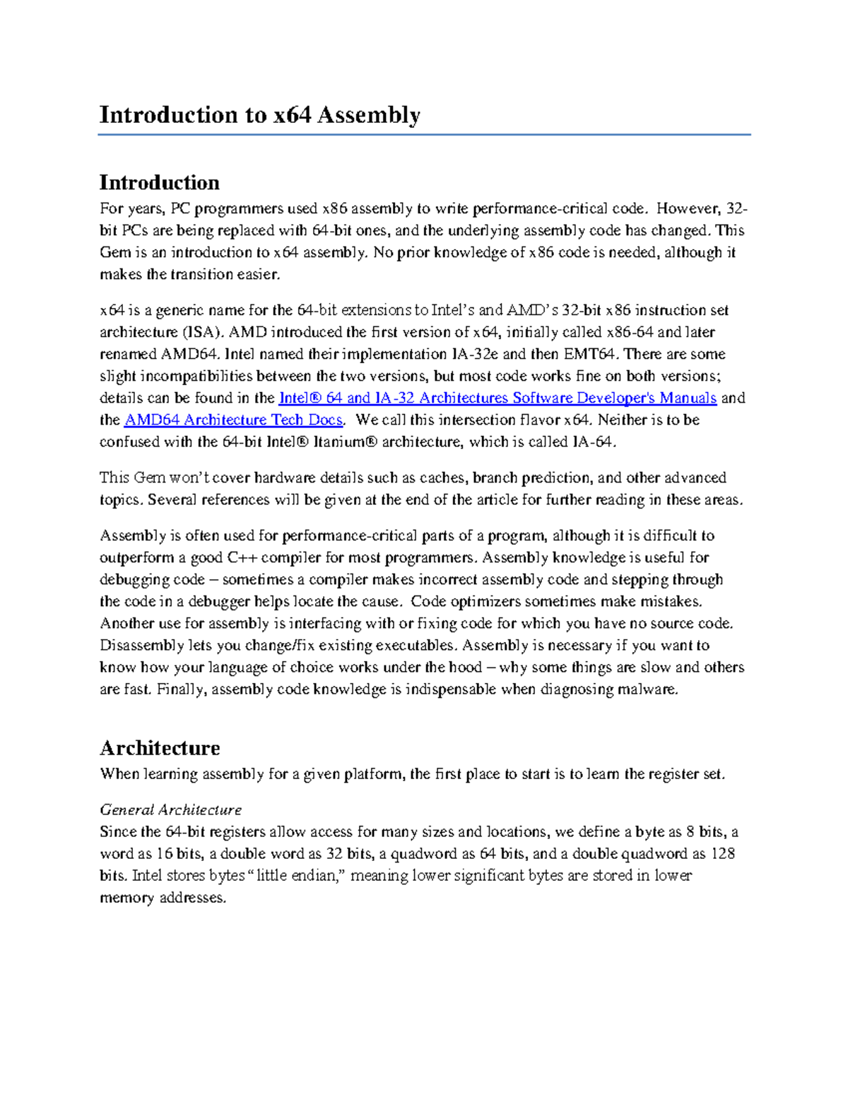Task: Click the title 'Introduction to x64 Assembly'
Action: [x=259, y=115]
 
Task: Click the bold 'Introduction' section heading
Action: [x=159, y=183]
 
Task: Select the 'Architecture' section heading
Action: [x=160, y=748]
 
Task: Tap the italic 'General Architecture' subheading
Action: [x=170, y=810]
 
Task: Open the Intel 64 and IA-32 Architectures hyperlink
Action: [x=497, y=398]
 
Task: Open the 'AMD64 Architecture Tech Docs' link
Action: [x=233, y=420]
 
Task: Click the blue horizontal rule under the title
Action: [x=424, y=134]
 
